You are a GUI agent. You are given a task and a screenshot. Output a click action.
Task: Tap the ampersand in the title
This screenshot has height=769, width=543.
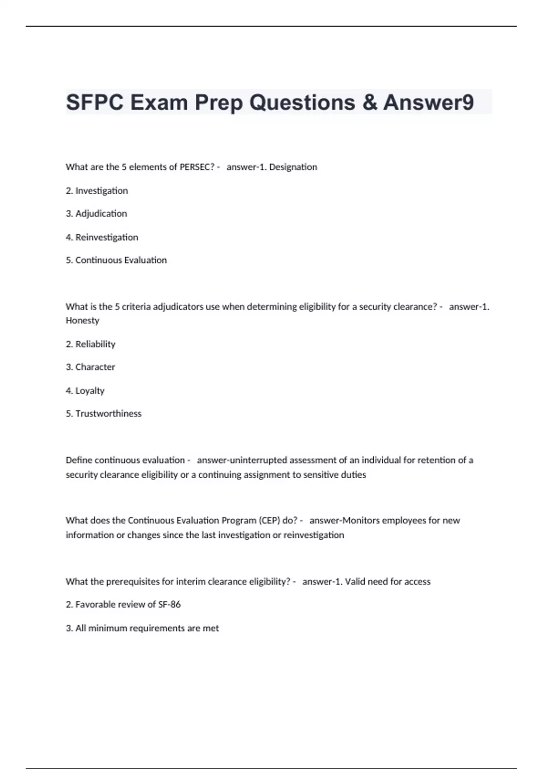370,102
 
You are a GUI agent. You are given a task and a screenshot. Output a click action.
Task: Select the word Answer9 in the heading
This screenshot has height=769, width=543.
429,102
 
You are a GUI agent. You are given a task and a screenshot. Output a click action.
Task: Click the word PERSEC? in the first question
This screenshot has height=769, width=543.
197,167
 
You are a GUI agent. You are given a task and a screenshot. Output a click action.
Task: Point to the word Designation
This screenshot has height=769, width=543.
293,167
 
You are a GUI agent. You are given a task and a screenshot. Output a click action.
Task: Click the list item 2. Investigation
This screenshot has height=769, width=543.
97,190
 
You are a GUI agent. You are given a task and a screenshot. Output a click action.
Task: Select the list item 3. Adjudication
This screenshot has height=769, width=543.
96,214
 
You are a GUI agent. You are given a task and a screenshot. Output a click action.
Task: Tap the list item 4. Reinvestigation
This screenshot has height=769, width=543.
102,237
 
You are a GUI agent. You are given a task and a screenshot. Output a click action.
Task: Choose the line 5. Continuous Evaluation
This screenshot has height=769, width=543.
116,260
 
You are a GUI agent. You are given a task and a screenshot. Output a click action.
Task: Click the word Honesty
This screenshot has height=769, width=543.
82,320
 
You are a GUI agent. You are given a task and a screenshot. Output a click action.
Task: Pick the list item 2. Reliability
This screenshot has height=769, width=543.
90,344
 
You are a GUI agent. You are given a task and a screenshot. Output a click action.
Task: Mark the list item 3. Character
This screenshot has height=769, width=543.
90,367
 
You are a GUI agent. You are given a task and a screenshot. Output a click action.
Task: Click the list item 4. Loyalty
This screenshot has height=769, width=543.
85,390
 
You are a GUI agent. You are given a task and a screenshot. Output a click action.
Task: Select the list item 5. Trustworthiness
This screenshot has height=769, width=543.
104,413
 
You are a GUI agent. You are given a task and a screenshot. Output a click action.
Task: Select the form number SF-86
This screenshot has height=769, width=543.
169,604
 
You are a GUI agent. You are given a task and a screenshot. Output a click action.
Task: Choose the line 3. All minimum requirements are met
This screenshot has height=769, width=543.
142,628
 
